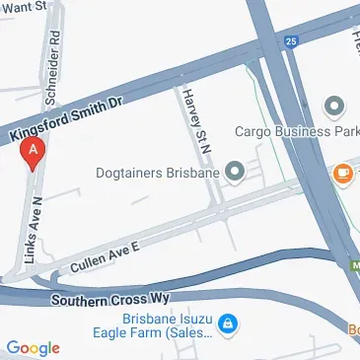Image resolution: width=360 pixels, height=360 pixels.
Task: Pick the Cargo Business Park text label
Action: (x=296, y=131)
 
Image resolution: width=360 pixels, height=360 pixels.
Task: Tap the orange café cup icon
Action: (x=343, y=174)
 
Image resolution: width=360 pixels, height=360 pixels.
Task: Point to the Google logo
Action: (x=33, y=347)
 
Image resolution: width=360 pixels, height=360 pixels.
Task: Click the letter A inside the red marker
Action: (x=33, y=150)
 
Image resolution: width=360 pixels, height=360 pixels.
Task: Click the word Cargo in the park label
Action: (x=253, y=131)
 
